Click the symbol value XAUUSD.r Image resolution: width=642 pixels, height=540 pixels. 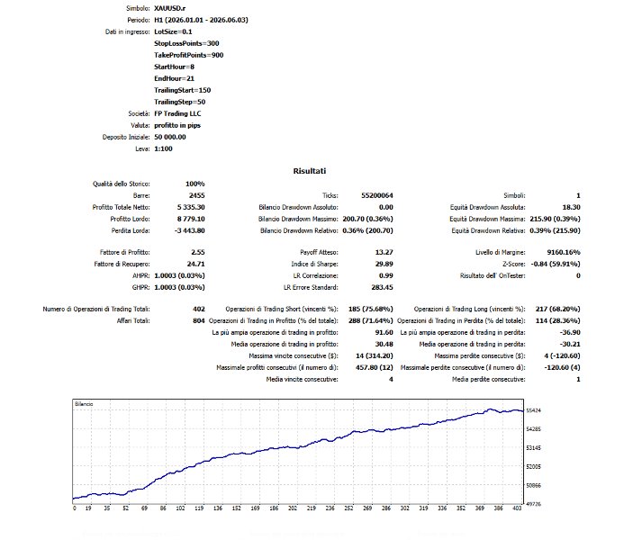169,8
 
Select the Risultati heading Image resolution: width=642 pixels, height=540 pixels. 309,171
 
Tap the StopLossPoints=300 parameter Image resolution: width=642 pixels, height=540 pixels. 186,43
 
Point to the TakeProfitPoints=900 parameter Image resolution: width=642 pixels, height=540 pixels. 189,55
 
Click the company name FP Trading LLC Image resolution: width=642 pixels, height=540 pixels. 177,113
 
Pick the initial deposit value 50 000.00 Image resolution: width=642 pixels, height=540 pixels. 170,137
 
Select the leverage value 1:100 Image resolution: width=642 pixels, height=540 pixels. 163,149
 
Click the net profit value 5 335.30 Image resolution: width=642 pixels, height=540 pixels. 191,208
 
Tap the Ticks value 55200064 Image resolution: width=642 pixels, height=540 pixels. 376,195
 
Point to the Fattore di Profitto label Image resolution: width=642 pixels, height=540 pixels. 124,252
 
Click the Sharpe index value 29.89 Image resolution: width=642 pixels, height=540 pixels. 384,264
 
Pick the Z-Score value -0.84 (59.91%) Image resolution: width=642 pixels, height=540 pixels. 556,264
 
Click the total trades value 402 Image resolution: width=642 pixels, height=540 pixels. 199,309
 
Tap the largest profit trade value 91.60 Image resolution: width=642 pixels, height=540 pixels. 384,332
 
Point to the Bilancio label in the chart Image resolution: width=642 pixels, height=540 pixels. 84,404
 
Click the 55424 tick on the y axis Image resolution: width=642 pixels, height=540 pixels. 533,410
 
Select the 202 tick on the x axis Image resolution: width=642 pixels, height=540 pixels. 293,508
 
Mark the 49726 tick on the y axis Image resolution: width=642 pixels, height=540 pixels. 533,504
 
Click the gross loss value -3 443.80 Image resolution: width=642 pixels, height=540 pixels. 190,231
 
